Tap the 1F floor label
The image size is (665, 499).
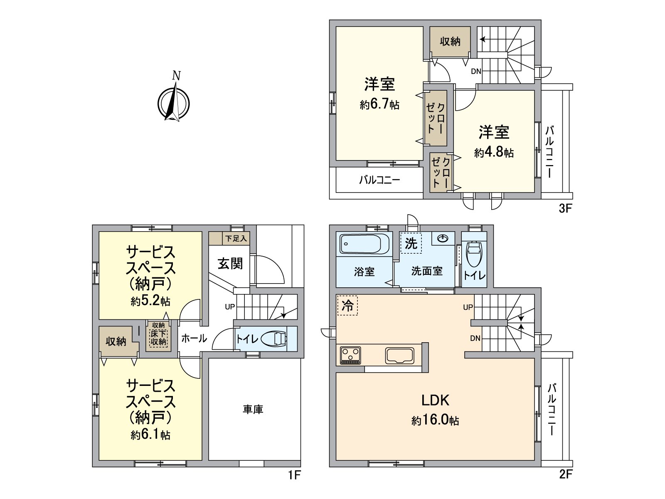(294, 474)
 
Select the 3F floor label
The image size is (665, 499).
(566, 208)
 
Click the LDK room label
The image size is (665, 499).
(435, 400)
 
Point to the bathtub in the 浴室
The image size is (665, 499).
(365, 244)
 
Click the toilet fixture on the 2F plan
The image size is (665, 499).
(474, 254)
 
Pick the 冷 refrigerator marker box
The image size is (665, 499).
(347, 306)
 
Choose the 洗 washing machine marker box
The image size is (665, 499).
(411, 243)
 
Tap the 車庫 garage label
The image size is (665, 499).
(253, 410)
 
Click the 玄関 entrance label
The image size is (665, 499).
(230, 264)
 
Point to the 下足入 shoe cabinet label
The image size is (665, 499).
(236, 239)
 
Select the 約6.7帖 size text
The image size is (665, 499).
(379, 104)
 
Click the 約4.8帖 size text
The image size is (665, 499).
(494, 153)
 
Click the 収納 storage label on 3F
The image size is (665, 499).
(450, 42)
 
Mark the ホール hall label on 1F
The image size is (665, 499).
(194, 338)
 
